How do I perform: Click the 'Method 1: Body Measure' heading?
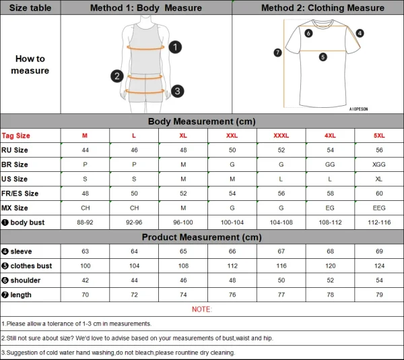(x=146, y=7)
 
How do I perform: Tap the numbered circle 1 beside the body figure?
(x=175, y=47)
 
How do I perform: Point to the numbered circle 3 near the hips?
(x=177, y=91)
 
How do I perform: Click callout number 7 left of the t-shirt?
(x=277, y=53)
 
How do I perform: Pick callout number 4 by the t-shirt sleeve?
(x=360, y=32)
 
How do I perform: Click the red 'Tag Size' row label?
(x=16, y=136)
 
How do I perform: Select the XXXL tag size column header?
(x=281, y=136)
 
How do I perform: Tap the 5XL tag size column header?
(x=379, y=136)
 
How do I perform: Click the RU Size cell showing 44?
(x=85, y=150)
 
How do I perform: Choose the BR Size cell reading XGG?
(x=379, y=164)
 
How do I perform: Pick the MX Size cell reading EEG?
(x=379, y=208)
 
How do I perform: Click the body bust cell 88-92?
(x=85, y=222)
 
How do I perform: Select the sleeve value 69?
(x=379, y=251)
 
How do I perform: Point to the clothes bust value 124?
(x=379, y=266)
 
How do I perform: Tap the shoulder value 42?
(x=85, y=280)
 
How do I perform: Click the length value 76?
(x=232, y=295)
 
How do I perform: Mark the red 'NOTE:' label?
(x=202, y=309)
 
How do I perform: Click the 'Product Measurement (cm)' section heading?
(x=202, y=237)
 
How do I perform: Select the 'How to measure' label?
(x=30, y=65)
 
